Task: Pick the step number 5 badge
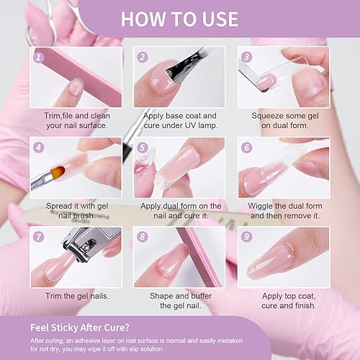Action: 143,148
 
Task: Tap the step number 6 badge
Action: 246,148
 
